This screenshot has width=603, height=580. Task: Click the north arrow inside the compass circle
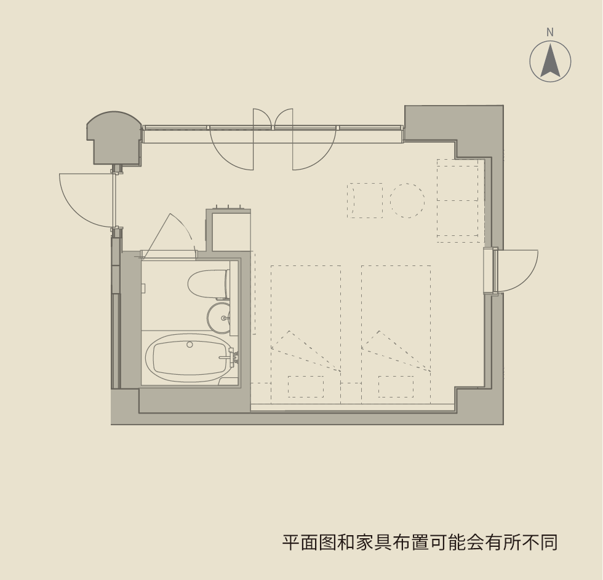[550, 61]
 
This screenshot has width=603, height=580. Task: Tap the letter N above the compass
[550, 33]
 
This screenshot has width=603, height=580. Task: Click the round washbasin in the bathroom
[219, 318]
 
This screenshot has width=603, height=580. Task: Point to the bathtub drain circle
[190, 345]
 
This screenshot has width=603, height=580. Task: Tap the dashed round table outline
[407, 200]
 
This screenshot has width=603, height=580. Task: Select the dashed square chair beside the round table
[365, 200]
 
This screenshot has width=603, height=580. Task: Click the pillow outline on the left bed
[306, 387]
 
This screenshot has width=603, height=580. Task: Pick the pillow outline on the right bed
[396, 387]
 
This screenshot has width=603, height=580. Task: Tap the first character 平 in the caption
[291, 543]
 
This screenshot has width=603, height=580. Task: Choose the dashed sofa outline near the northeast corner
[457, 200]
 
